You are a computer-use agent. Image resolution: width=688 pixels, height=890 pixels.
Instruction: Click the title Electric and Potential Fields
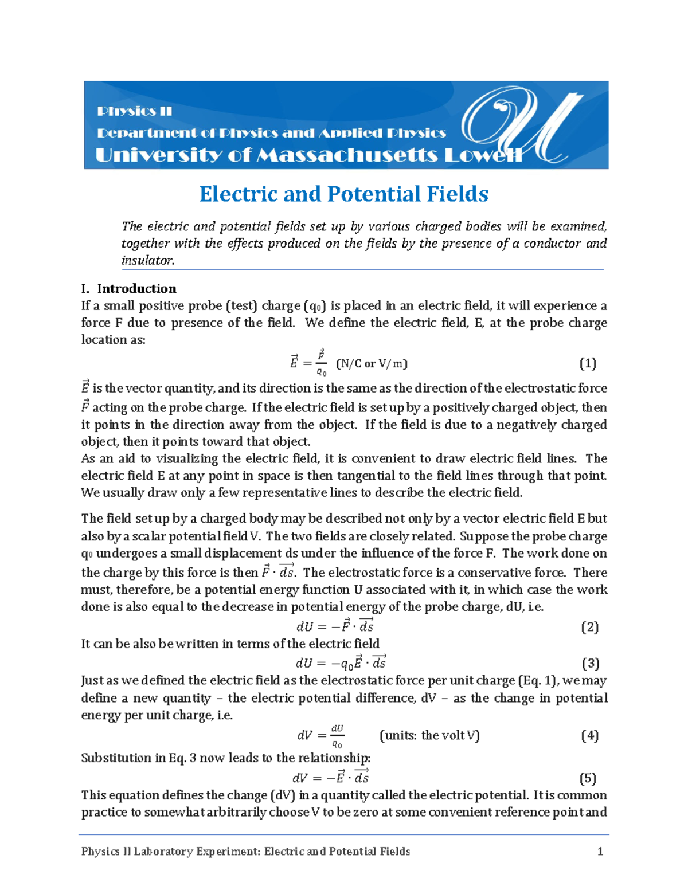click(x=343, y=194)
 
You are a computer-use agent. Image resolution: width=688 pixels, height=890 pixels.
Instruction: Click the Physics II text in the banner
click(x=134, y=111)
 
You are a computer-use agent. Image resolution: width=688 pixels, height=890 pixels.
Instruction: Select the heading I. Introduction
click(x=129, y=288)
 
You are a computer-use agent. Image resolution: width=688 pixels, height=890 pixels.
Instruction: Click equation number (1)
click(x=588, y=363)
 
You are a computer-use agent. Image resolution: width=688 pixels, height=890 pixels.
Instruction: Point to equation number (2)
click(x=589, y=627)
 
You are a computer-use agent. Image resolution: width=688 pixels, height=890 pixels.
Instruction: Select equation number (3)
click(x=590, y=664)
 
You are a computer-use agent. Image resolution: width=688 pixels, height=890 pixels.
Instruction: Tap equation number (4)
click(x=589, y=735)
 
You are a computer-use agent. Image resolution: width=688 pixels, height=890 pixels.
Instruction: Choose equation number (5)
click(x=588, y=778)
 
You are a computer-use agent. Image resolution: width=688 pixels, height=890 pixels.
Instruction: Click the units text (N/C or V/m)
click(x=372, y=363)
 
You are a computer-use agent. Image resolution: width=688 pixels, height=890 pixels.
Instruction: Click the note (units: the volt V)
click(x=429, y=735)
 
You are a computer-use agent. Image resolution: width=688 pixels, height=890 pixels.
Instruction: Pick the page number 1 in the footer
click(x=600, y=852)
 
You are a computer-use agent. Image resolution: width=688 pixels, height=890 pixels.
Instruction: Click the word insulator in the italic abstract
click(x=147, y=260)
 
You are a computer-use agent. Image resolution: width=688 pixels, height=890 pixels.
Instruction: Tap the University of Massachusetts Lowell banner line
click(x=308, y=155)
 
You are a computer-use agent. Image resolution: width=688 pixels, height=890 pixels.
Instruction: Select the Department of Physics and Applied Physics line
click(x=271, y=133)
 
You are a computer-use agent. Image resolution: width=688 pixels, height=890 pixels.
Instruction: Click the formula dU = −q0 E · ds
click(x=341, y=664)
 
